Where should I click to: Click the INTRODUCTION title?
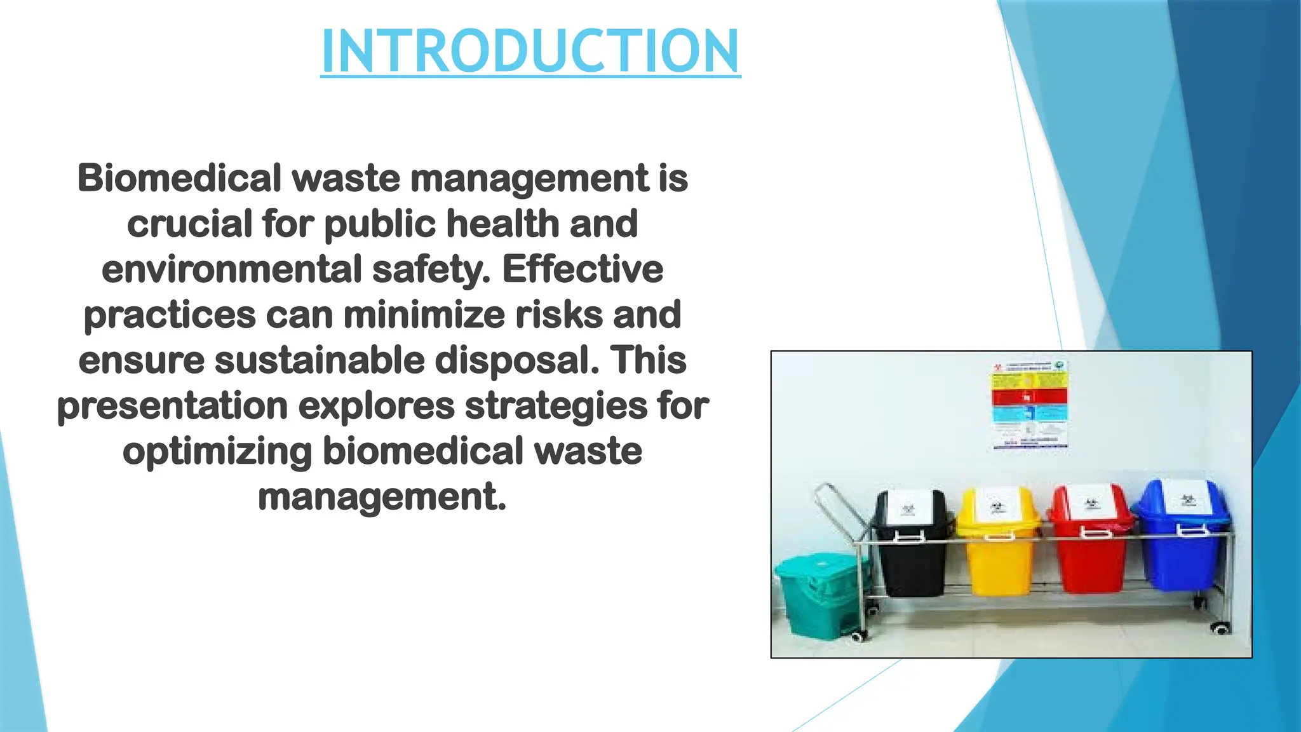(530, 51)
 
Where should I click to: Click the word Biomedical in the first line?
(179, 178)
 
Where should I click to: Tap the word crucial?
(189, 224)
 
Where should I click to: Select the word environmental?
(231, 269)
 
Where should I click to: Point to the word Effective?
(583, 269)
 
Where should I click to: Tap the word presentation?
(172, 406)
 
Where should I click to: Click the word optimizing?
(217, 452)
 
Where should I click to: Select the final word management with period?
(382, 497)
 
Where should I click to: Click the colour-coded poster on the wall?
(1030, 405)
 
